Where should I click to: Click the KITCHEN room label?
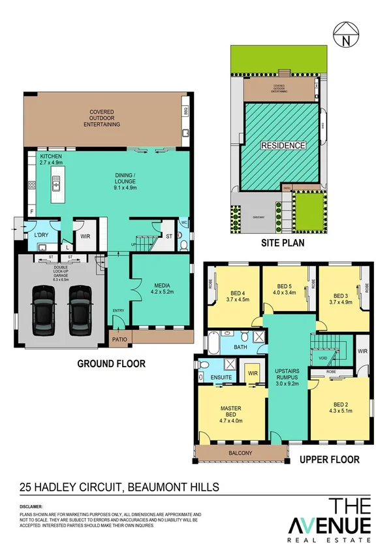tap(51, 157)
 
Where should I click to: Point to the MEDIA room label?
tap(162, 285)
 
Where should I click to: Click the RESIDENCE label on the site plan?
tap(283, 145)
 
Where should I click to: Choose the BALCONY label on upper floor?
tap(240, 453)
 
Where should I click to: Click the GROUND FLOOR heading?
tap(111, 364)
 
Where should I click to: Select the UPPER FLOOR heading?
tap(329, 460)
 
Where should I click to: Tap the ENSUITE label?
tap(221, 377)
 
